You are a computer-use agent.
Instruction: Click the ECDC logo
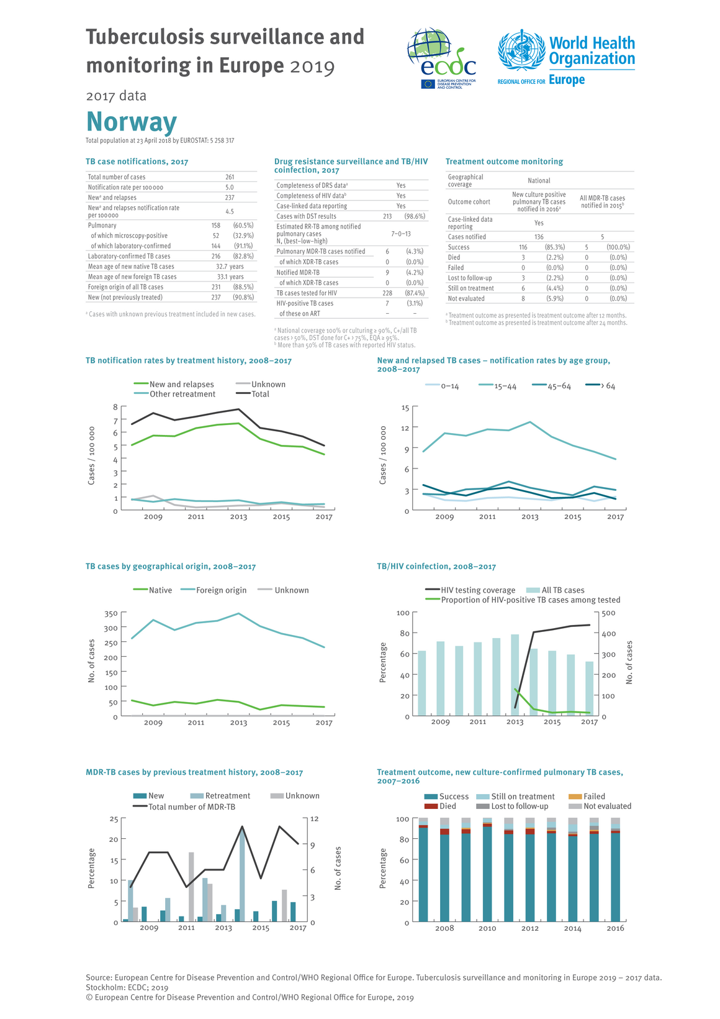point(441,58)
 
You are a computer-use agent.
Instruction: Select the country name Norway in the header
point(132,121)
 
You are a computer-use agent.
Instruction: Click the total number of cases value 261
point(230,177)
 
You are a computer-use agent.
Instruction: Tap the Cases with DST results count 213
point(387,216)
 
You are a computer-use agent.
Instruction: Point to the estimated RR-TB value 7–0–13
point(401,234)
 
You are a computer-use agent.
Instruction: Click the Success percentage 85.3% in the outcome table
point(555,247)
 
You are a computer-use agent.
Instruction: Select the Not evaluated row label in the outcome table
point(466,298)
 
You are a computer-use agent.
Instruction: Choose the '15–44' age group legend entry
point(497,386)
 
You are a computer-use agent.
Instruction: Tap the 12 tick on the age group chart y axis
point(405,428)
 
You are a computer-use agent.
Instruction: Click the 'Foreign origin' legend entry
point(214,590)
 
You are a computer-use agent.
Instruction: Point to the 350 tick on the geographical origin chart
point(111,613)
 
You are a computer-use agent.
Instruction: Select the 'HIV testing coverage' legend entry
point(470,590)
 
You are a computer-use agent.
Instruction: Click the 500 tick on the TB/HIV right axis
point(609,613)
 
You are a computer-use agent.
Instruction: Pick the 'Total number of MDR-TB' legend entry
point(184,807)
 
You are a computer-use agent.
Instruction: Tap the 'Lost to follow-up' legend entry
point(512,806)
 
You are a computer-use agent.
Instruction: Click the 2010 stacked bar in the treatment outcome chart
point(487,870)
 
